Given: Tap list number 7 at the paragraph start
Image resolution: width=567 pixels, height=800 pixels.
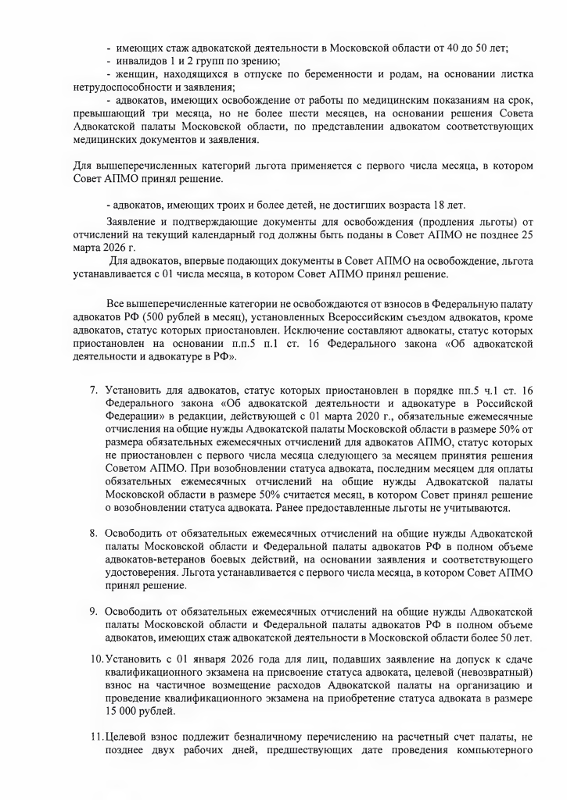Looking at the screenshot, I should point(92,388).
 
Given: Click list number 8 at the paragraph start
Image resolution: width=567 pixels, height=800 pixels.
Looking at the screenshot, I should point(92,533).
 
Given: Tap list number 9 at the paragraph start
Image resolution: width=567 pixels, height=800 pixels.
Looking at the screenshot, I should point(92,609).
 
